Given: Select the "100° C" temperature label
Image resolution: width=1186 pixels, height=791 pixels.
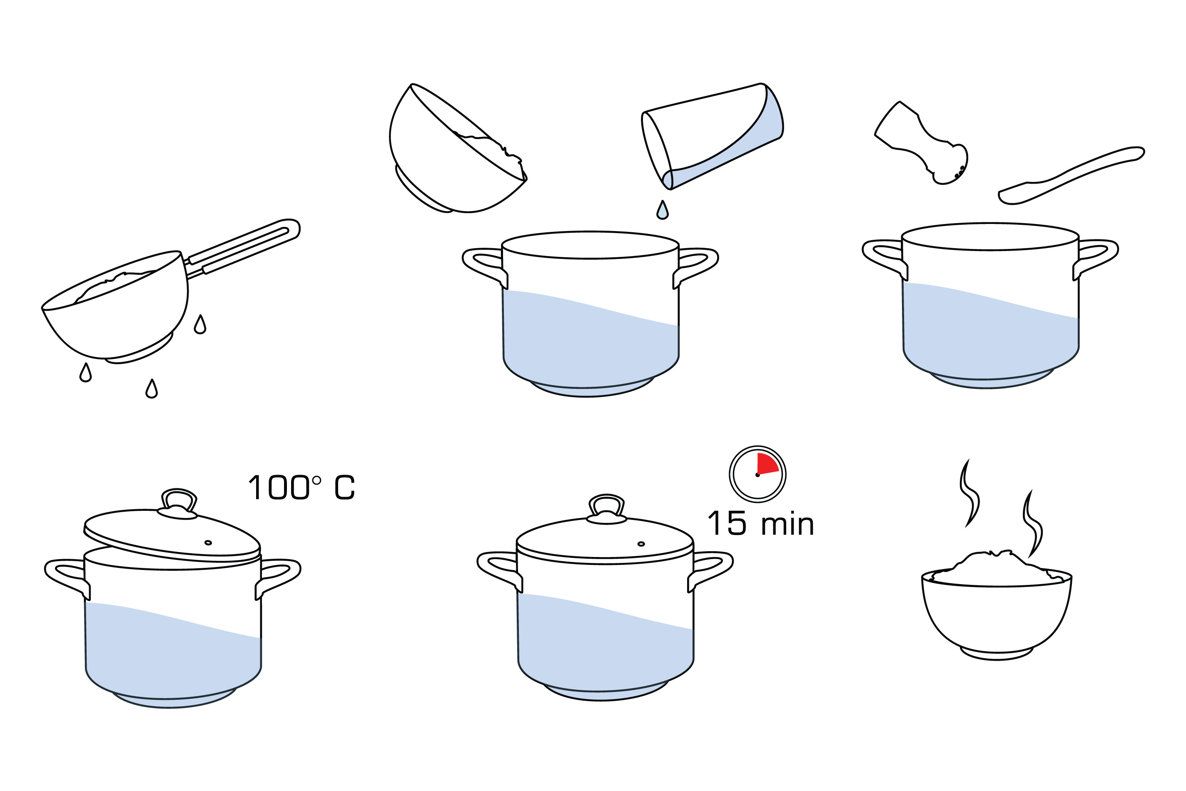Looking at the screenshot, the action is coord(301,488).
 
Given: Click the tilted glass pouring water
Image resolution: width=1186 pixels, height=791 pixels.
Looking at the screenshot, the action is coord(712,136).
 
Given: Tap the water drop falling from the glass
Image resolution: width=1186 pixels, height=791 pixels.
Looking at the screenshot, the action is coord(663,210).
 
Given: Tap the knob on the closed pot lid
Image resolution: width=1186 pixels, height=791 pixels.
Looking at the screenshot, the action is coord(606,510).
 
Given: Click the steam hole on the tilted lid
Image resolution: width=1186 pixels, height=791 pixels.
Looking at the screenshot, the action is coord(208,543).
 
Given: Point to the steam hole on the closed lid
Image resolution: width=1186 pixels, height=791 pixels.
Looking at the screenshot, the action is coord(641,544).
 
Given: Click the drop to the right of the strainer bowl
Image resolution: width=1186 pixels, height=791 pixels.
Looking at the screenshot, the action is coord(200,324).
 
